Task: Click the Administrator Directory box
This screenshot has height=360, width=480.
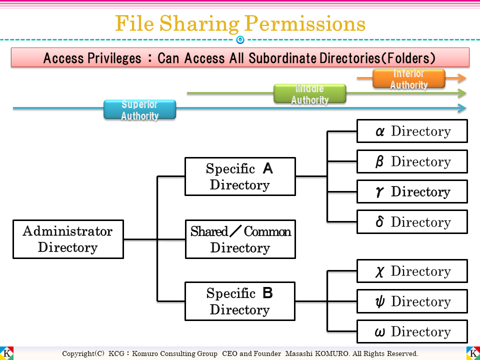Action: (68, 239)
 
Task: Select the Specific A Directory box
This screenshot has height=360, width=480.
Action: (240, 176)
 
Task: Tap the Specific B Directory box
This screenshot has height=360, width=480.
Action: (240, 301)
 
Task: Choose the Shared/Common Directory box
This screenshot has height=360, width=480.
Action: (240, 239)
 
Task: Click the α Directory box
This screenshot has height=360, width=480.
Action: (412, 131)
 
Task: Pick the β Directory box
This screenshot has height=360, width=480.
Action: (412, 161)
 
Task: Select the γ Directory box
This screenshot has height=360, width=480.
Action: (412, 191)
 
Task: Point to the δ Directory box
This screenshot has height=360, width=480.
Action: (412, 222)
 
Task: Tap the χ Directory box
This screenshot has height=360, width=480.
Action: (412, 271)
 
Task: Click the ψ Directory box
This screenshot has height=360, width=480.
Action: (412, 301)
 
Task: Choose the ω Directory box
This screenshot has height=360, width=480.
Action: (412, 331)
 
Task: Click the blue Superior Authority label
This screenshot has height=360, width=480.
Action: (140, 109)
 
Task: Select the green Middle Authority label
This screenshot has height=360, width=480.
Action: (310, 93)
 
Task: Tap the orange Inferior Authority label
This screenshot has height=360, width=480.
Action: (409, 78)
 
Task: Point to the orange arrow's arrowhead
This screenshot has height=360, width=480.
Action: (462, 78)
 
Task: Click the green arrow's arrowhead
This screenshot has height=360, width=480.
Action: (462, 93)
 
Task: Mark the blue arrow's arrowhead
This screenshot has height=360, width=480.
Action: (462, 108)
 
